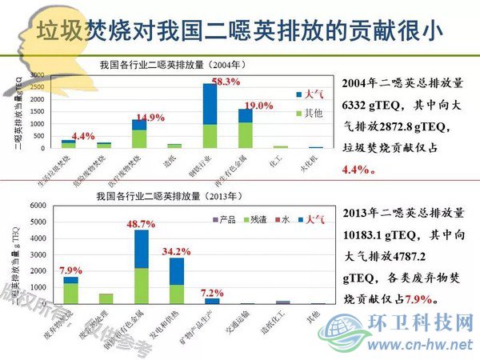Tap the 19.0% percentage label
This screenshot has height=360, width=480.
pyautogui.click(x=258, y=106)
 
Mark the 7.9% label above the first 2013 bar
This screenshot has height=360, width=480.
pyautogui.click(x=70, y=270)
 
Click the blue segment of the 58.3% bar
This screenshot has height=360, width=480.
pyautogui.click(x=210, y=104)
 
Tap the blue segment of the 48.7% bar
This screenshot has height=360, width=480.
pyautogui.click(x=141, y=249)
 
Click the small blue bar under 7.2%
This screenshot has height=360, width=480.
pyautogui.click(x=212, y=301)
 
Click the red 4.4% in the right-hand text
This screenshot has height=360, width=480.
pyautogui.click(x=355, y=170)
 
